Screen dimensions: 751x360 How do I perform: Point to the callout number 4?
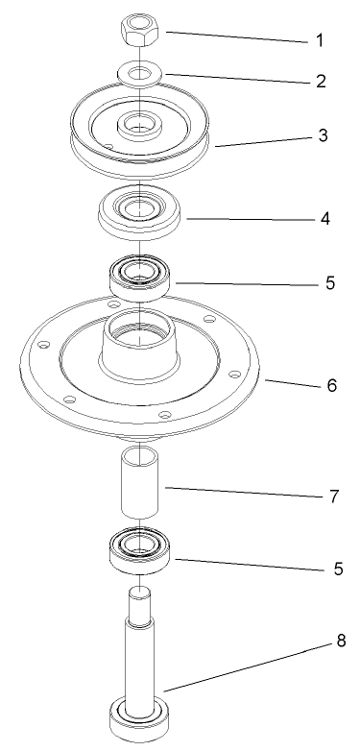(x=325, y=218)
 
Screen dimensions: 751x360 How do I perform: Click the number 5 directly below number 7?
(x=337, y=568)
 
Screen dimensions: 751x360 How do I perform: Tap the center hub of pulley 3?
(x=140, y=125)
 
